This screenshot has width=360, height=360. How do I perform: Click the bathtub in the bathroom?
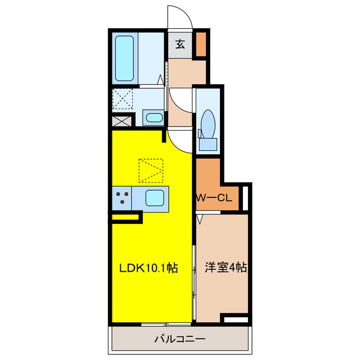(x=124, y=58)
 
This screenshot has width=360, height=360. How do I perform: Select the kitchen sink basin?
(x=155, y=199)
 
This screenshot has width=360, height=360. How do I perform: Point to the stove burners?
(x=122, y=197)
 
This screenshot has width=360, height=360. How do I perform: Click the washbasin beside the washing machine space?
(x=154, y=118)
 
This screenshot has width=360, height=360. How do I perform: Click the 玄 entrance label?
(x=180, y=44)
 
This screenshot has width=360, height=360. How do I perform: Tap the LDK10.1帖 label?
(x=148, y=268)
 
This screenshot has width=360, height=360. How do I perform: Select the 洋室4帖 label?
(x=226, y=267)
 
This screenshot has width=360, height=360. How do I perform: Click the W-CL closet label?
(x=214, y=197)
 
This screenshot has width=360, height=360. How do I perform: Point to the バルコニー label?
(x=180, y=339)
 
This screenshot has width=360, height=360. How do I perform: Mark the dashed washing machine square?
(x=123, y=99)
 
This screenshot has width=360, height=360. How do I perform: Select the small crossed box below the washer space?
(x=123, y=121)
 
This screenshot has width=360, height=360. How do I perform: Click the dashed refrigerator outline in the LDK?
(x=151, y=170)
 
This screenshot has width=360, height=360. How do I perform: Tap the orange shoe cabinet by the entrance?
(x=201, y=44)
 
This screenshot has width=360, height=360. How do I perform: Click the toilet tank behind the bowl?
(x=208, y=145)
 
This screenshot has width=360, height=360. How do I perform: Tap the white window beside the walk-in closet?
(x=245, y=198)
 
